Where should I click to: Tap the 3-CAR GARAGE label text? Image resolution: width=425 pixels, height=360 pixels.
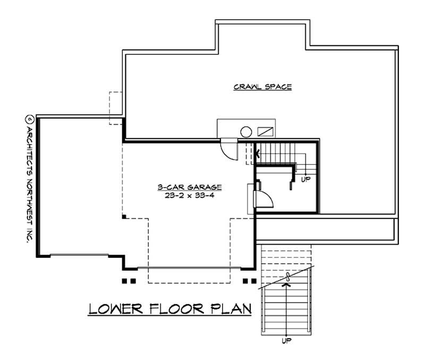point(189,187)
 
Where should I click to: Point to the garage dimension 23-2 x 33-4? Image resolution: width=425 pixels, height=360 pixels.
point(189,195)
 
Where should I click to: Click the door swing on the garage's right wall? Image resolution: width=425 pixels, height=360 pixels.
point(264,199)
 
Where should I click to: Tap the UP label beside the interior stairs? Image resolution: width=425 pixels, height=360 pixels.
point(305,179)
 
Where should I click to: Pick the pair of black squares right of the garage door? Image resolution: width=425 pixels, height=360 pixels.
point(249,280)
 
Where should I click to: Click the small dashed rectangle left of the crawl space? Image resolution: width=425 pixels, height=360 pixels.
point(116,108)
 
